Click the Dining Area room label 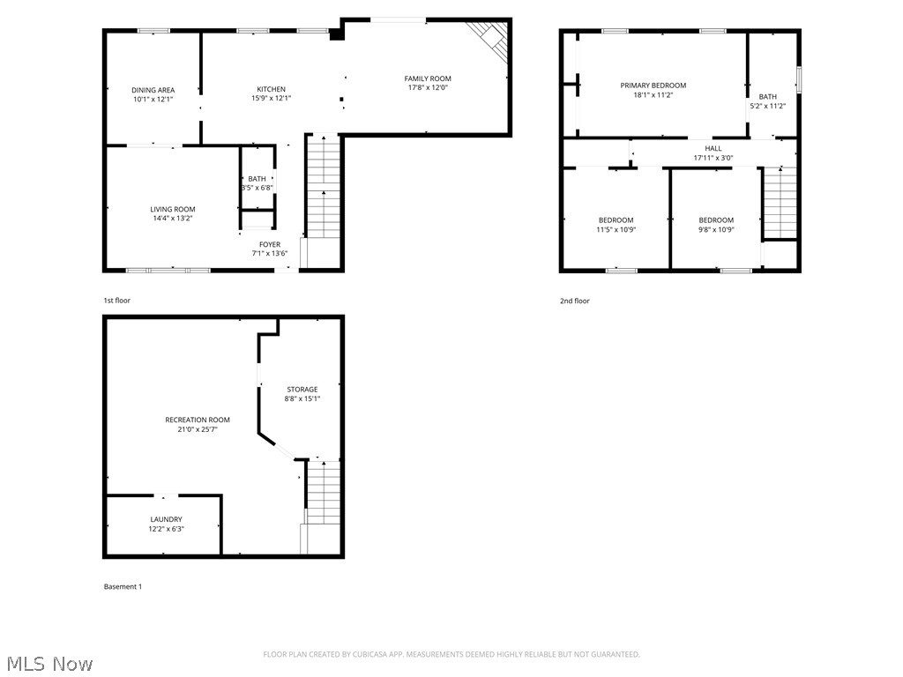(x=153, y=90)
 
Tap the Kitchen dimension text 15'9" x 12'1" (x=271, y=98)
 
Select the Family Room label (x=428, y=78)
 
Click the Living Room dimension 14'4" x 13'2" (x=172, y=219)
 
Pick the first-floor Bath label (x=257, y=179)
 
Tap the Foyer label (x=270, y=244)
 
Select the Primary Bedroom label (x=653, y=86)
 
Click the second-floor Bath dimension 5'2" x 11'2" (x=768, y=106)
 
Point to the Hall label (x=713, y=148)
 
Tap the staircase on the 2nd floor (x=779, y=203)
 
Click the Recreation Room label (x=198, y=420)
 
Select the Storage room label (x=302, y=389)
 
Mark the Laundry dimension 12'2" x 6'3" (x=166, y=529)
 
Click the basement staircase (x=323, y=498)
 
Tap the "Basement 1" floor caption (x=123, y=587)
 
